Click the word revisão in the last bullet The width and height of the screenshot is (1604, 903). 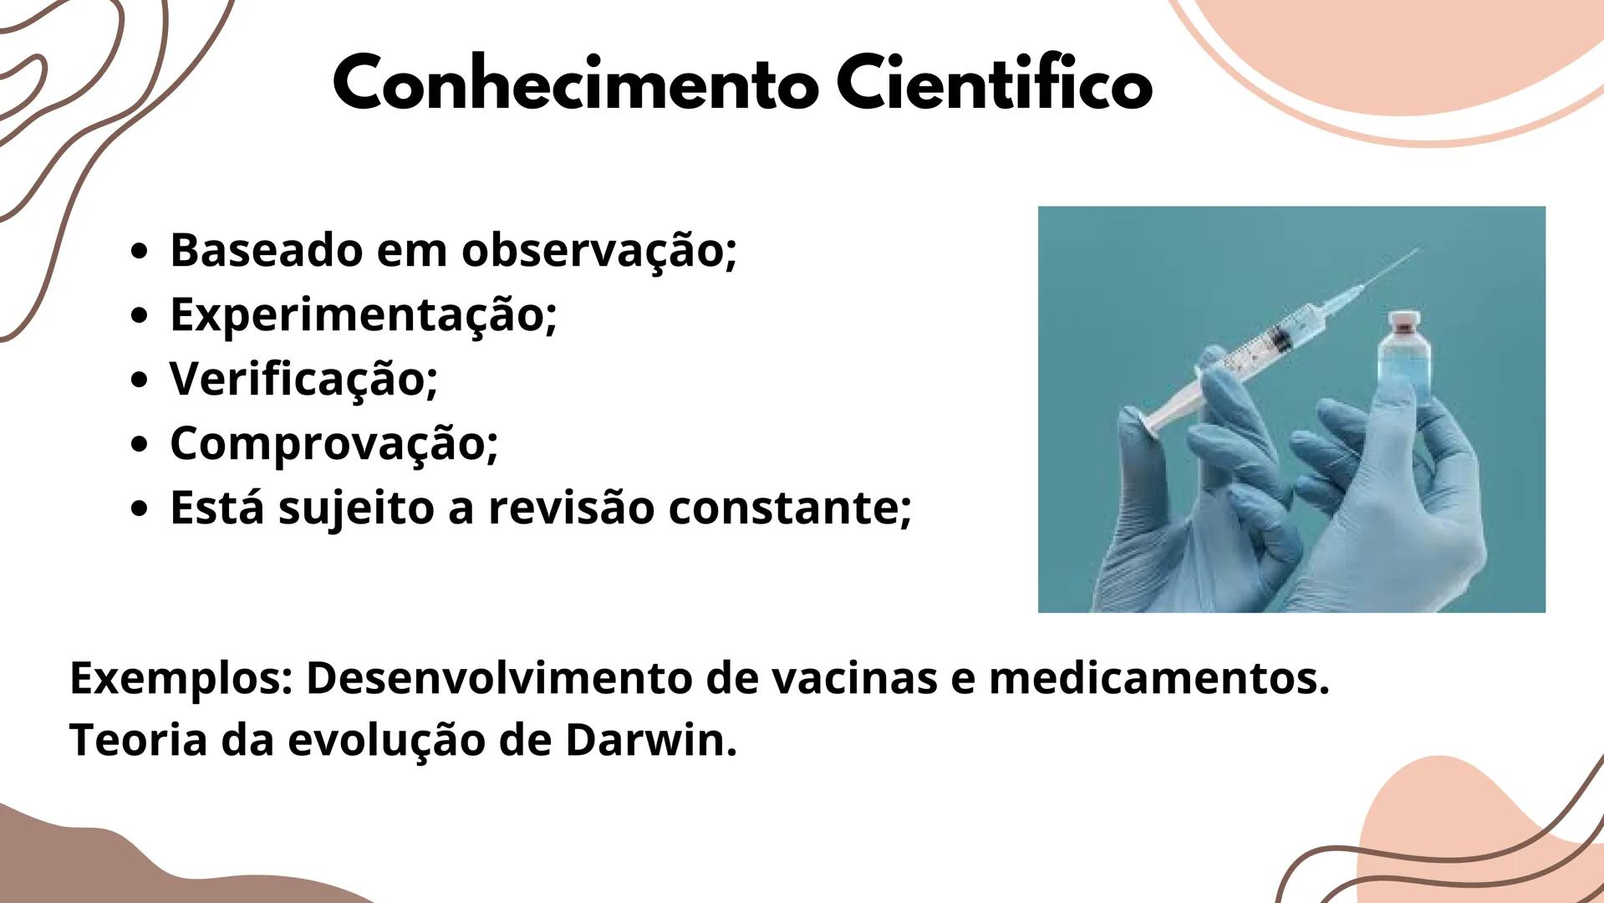[x=571, y=508]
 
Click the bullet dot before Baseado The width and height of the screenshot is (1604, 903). [x=140, y=252]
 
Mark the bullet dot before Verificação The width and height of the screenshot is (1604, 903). [x=140, y=380]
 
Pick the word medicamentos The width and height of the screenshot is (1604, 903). [x=1158, y=679]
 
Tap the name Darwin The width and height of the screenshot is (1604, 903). [x=649, y=741]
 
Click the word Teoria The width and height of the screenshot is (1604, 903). [x=138, y=741]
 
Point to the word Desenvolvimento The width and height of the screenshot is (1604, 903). [x=498, y=679]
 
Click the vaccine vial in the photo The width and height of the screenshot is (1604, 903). [x=1404, y=368]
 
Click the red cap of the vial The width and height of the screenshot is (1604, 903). [x=1404, y=320]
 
